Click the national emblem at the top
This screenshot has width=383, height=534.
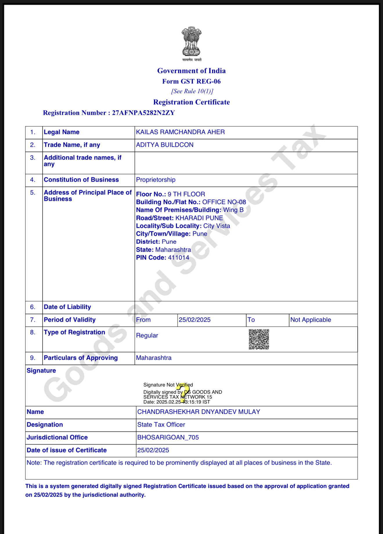pyautogui.click(x=191, y=42)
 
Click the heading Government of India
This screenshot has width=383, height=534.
pyautogui.click(x=191, y=71)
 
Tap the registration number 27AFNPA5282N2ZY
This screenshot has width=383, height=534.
pyautogui.click(x=143, y=113)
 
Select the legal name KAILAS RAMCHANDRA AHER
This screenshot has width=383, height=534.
pyautogui.click(x=180, y=132)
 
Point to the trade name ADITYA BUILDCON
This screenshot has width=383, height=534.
pyautogui.click(x=165, y=145)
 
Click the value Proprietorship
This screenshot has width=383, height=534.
pyautogui.click(x=156, y=180)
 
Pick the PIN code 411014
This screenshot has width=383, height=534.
pyautogui.click(x=178, y=258)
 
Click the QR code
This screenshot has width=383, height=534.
pyautogui.click(x=259, y=339)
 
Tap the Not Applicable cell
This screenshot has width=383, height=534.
pyautogui.click(x=310, y=320)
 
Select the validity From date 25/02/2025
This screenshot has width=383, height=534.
pyautogui.click(x=194, y=320)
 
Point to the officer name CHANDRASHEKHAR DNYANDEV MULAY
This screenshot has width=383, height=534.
pyautogui.click(x=198, y=412)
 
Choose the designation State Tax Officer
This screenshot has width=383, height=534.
pyautogui.click(x=161, y=425)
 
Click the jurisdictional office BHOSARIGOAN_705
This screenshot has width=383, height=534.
pyautogui.click(x=168, y=438)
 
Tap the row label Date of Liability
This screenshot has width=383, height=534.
pyautogui.click(x=67, y=307)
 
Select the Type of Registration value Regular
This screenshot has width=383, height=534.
pyautogui.click(x=147, y=336)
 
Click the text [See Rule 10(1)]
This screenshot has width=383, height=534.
pyautogui.click(x=192, y=91)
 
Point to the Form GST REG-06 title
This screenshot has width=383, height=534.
pyautogui.click(x=191, y=81)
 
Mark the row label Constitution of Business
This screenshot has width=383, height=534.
pyautogui.click(x=81, y=180)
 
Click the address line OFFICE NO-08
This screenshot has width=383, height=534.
pyautogui.click(x=224, y=202)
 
